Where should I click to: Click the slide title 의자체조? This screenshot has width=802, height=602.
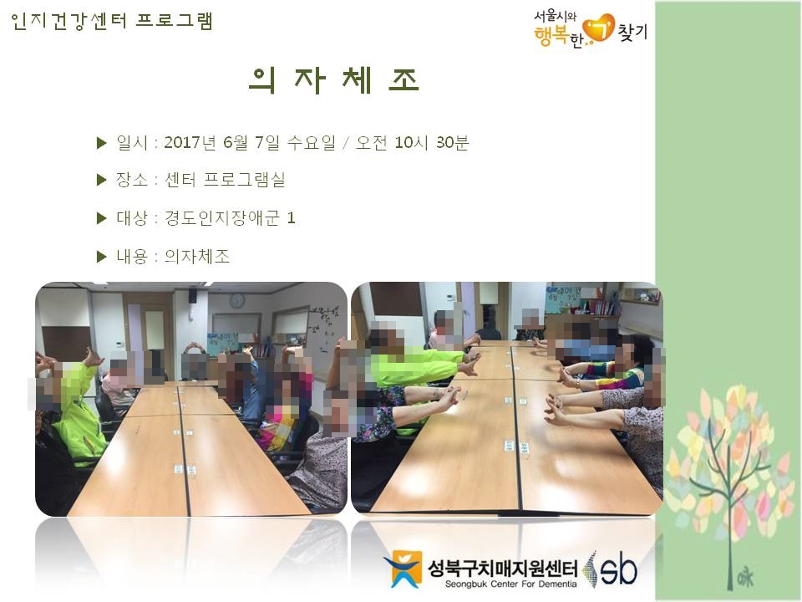pos(334,80)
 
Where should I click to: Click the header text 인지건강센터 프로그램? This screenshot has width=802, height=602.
pos(111,21)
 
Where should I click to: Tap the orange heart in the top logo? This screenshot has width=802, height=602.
pos(599,28)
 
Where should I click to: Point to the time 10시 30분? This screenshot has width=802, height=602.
pos(432,142)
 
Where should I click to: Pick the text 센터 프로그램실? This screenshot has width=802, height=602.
pos(225,180)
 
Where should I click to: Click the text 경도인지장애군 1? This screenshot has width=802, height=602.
pos(230,218)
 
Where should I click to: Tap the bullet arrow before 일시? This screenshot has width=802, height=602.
pos(101,143)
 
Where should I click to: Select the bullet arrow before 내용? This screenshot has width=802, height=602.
pos(101,257)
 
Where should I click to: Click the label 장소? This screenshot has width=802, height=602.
pos(132,180)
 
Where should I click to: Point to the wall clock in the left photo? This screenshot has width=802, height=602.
pos(236,300)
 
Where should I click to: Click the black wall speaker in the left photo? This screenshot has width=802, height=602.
pos(192,295)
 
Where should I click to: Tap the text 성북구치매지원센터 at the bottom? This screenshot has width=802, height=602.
pos(502,568)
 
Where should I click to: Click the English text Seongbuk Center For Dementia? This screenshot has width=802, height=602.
pos(510,584)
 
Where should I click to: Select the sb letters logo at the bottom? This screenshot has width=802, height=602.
pos(618,569)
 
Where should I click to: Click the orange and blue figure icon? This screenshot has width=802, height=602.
pos(403,569)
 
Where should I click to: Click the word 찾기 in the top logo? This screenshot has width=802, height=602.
pos(632,33)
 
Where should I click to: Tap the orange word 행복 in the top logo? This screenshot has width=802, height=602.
pos(551,36)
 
